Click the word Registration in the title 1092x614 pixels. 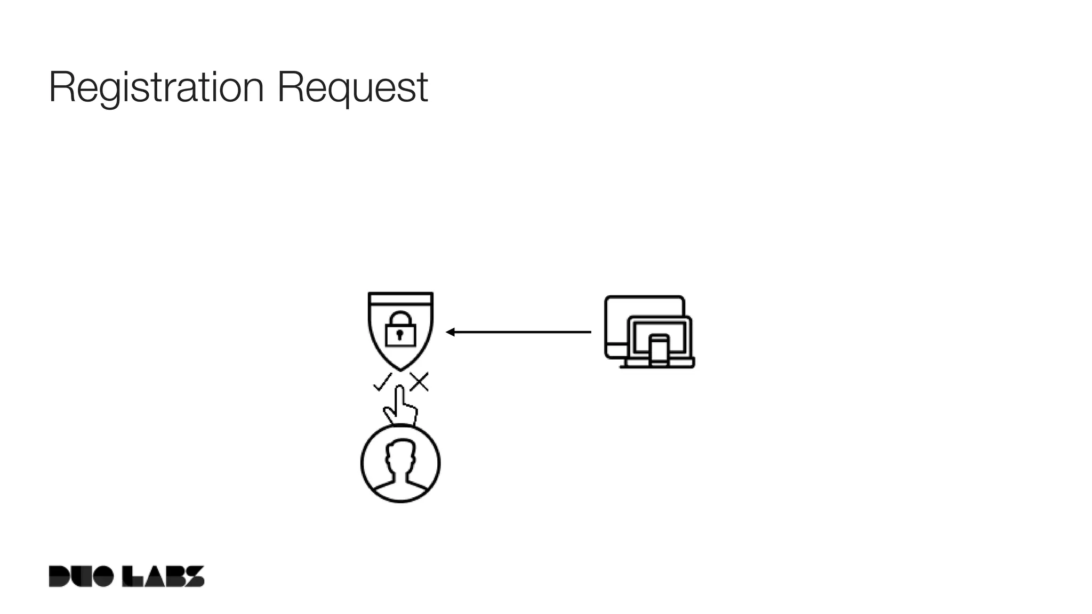point(156,88)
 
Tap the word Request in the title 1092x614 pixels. point(352,88)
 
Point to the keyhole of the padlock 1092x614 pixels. point(400,336)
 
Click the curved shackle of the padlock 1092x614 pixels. point(400,318)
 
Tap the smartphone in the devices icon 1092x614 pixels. point(660,350)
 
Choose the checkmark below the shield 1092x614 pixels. point(382,382)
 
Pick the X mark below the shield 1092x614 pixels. point(419,382)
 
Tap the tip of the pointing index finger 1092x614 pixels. point(398,390)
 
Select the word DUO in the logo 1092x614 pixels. point(81,576)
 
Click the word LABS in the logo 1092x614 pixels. point(163,576)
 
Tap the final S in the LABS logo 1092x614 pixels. point(195,576)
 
